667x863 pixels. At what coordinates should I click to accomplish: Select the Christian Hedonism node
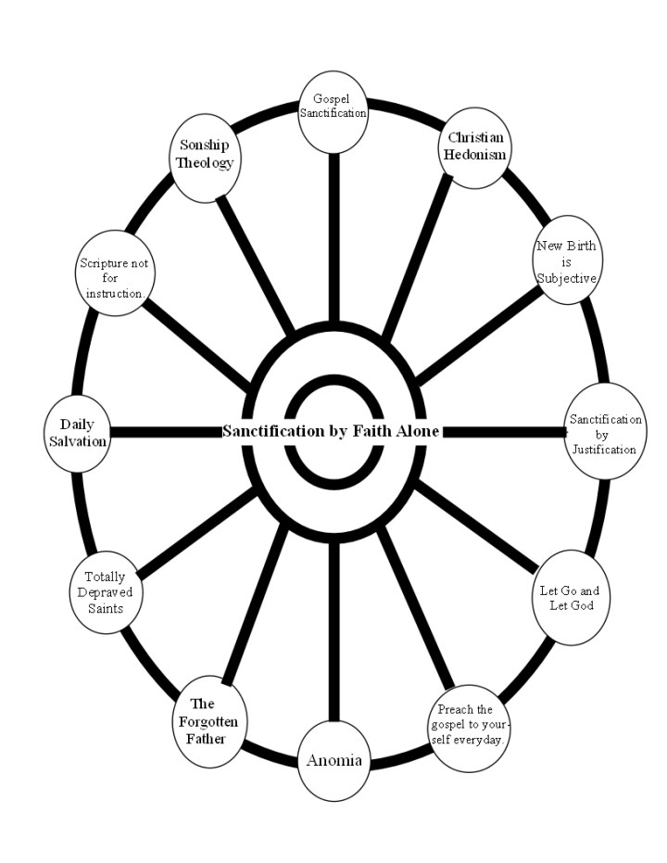click(474, 146)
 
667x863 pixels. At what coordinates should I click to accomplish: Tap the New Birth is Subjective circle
click(566, 262)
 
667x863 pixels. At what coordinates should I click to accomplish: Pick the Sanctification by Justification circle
click(602, 432)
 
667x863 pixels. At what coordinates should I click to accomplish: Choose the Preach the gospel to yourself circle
click(471, 725)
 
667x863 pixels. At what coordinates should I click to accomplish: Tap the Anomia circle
click(333, 760)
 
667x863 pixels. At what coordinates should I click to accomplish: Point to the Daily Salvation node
click(78, 432)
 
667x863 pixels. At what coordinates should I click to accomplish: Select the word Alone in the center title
click(419, 431)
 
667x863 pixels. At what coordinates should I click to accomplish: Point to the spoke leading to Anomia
click(333, 630)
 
